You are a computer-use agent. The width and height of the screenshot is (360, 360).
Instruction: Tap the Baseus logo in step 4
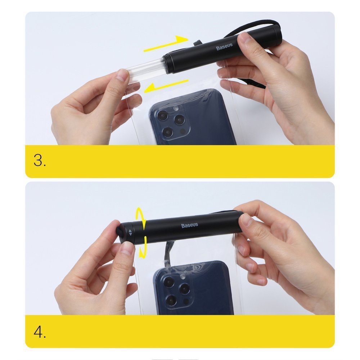tap(190, 225)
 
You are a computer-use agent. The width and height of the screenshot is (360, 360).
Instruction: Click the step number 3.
tap(40, 160)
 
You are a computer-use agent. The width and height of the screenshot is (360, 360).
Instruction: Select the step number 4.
tap(40, 332)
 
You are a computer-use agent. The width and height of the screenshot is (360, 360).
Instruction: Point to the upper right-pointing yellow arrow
tap(166, 44)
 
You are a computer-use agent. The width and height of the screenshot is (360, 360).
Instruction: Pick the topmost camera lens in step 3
tap(163, 115)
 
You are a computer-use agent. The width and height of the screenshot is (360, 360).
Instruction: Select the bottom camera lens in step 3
tap(168, 132)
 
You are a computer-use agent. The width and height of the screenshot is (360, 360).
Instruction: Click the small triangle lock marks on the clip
tap(130, 232)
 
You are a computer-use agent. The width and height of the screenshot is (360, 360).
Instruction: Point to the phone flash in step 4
tap(183, 276)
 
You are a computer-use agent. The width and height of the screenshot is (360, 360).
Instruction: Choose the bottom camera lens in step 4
tap(171, 300)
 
